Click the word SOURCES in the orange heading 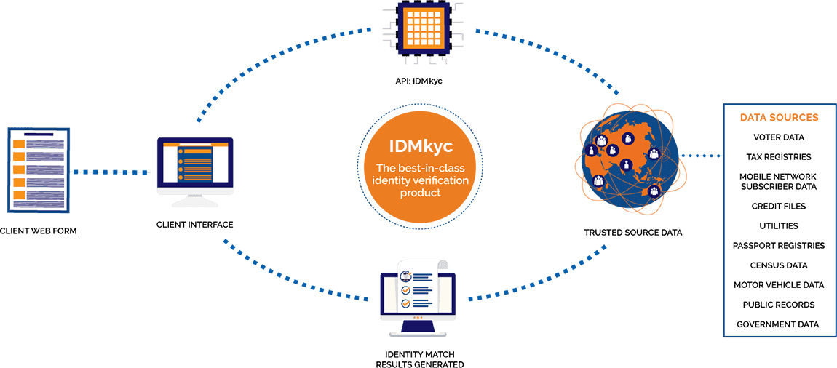pos(796,117)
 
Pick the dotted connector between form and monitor pos(113,172)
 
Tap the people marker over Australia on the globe pos(654,191)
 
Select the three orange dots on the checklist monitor pos(417,318)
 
